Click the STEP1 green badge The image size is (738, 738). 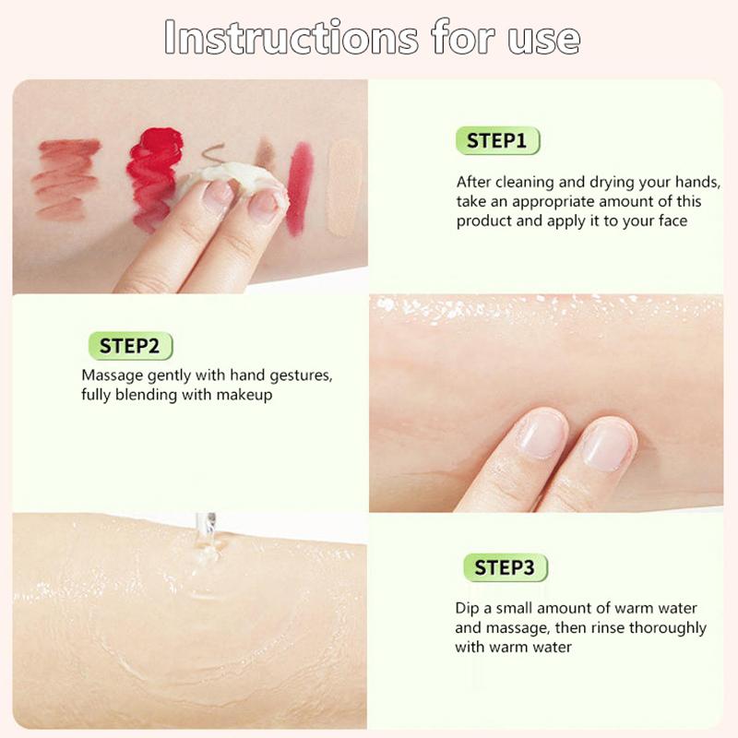point(497,141)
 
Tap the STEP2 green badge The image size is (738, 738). point(130,346)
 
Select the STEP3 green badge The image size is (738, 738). point(505,567)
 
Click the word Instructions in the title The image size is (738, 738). point(292,38)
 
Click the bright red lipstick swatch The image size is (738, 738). point(154,176)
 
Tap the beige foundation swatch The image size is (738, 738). point(344,188)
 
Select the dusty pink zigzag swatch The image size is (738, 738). point(65,180)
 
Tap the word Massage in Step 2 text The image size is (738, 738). point(112,376)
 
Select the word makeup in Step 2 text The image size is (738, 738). point(244,396)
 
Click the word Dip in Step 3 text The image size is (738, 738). point(467,609)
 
